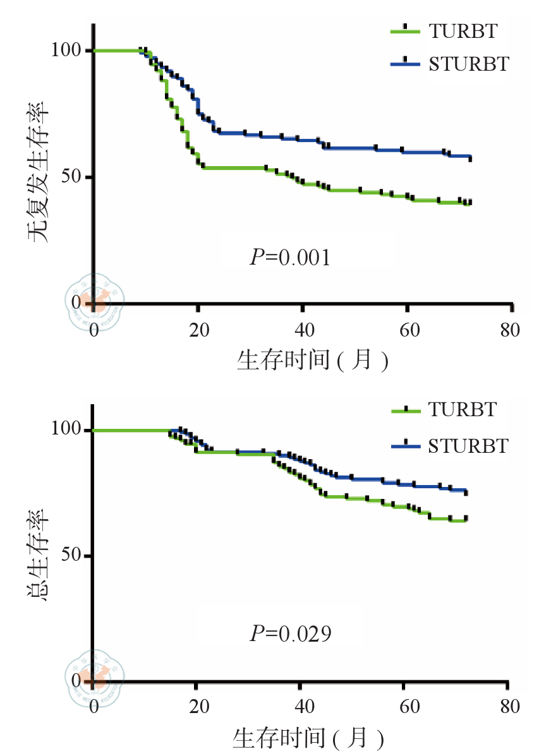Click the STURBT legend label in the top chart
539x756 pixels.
pos(468,64)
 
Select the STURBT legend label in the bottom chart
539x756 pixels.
pos(468,446)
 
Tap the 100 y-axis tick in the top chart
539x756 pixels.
pos(70,51)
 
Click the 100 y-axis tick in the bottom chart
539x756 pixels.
pos(70,429)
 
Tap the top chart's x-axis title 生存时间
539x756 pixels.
pos(312,360)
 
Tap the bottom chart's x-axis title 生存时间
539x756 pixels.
pos(309,737)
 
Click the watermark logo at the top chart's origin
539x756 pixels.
pos(95,299)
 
